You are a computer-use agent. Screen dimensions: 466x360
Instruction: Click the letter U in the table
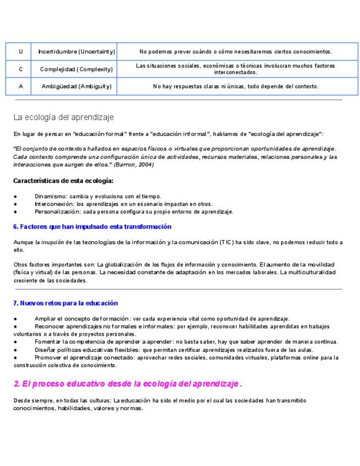(x=20, y=52)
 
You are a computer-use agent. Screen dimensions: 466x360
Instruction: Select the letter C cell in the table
(x=20, y=69)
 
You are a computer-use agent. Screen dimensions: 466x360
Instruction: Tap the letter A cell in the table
(x=20, y=86)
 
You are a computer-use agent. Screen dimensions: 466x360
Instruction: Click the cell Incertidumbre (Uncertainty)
(x=76, y=52)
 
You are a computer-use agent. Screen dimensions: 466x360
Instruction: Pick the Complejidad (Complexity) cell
(x=76, y=69)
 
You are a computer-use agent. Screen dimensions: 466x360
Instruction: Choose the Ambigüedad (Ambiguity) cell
(x=76, y=86)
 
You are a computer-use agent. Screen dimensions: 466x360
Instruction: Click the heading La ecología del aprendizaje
(x=64, y=117)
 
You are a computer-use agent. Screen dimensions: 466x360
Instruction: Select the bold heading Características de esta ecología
(x=63, y=180)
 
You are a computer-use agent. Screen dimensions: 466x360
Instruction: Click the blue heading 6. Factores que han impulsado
(x=92, y=226)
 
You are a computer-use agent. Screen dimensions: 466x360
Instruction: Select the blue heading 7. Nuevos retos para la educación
(x=65, y=303)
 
